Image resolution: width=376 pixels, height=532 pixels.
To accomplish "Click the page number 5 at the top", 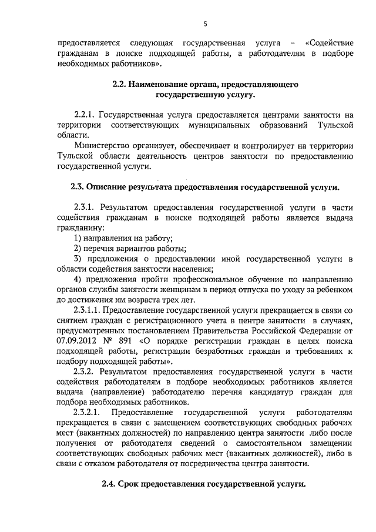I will [x=206, y=24].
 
